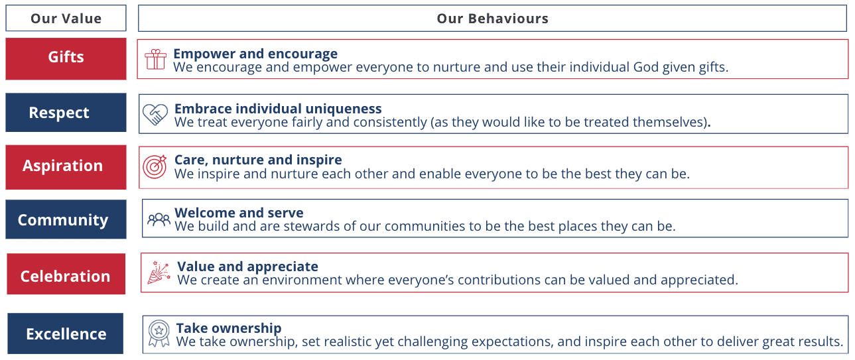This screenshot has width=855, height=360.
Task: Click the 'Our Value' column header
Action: (x=66, y=18)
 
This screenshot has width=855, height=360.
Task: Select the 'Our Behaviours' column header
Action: (x=492, y=18)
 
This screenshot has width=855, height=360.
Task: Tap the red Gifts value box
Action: (x=66, y=59)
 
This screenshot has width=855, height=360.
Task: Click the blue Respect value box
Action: (x=66, y=113)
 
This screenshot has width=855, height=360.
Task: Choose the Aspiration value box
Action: (x=66, y=167)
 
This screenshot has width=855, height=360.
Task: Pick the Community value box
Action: (x=66, y=219)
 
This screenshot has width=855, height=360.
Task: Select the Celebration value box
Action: (x=66, y=274)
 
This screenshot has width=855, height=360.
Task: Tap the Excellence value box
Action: (x=65, y=333)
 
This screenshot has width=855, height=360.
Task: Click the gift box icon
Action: (x=155, y=60)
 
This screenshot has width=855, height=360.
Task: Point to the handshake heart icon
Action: (x=155, y=115)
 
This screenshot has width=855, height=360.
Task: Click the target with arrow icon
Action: (x=155, y=166)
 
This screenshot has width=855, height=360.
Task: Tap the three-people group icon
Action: (x=159, y=219)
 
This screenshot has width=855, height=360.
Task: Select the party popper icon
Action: (x=159, y=272)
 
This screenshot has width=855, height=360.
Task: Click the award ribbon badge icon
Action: (x=159, y=333)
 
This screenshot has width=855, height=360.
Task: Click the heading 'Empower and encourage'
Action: (x=255, y=54)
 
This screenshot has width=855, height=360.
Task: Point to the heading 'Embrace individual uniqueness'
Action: (x=278, y=109)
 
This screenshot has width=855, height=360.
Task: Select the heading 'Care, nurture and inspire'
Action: (x=258, y=160)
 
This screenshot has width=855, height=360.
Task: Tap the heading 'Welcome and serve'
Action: (x=239, y=212)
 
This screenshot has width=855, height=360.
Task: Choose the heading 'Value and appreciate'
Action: (x=247, y=266)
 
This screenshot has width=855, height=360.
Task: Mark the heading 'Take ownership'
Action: (x=229, y=328)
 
